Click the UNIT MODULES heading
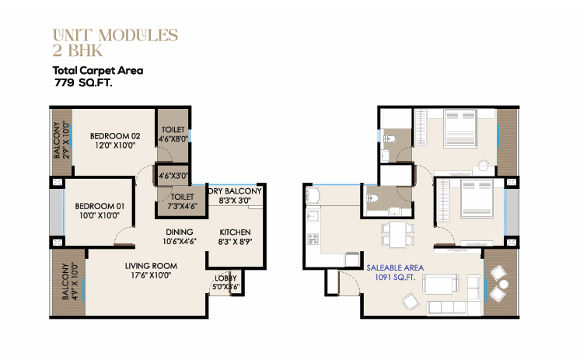pyautogui.click(x=115, y=36)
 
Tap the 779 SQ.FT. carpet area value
pyautogui.click(x=83, y=82)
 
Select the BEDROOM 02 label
pyautogui.click(x=115, y=136)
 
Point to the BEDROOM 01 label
pyautogui.click(x=100, y=206)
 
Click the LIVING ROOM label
pyautogui.click(x=151, y=266)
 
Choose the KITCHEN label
pyautogui.click(x=236, y=232)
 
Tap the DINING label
pyautogui.click(x=180, y=232)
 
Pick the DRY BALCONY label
pyautogui.click(x=236, y=191)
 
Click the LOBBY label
pyautogui.click(x=225, y=278)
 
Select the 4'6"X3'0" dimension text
pyautogui.click(x=173, y=176)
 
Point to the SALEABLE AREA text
pyautogui.click(x=395, y=268)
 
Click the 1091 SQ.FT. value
pyautogui.click(x=395, y=277)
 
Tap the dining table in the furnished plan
pyautogui.click(x=397, y=234)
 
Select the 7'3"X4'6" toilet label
pyautogui.click(x=182, y=206)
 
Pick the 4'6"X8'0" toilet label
pyautogui.click(x=173, y=138)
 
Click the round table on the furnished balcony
pyautogui.click(x=504, y=284)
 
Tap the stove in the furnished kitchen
pyautogui.click(x=313, y=239)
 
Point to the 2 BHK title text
pyautogui.click(x=77, y=51)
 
